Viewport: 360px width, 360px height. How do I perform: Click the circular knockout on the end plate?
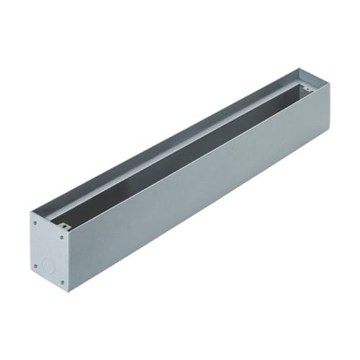48,264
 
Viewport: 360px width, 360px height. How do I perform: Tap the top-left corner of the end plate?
31,212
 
